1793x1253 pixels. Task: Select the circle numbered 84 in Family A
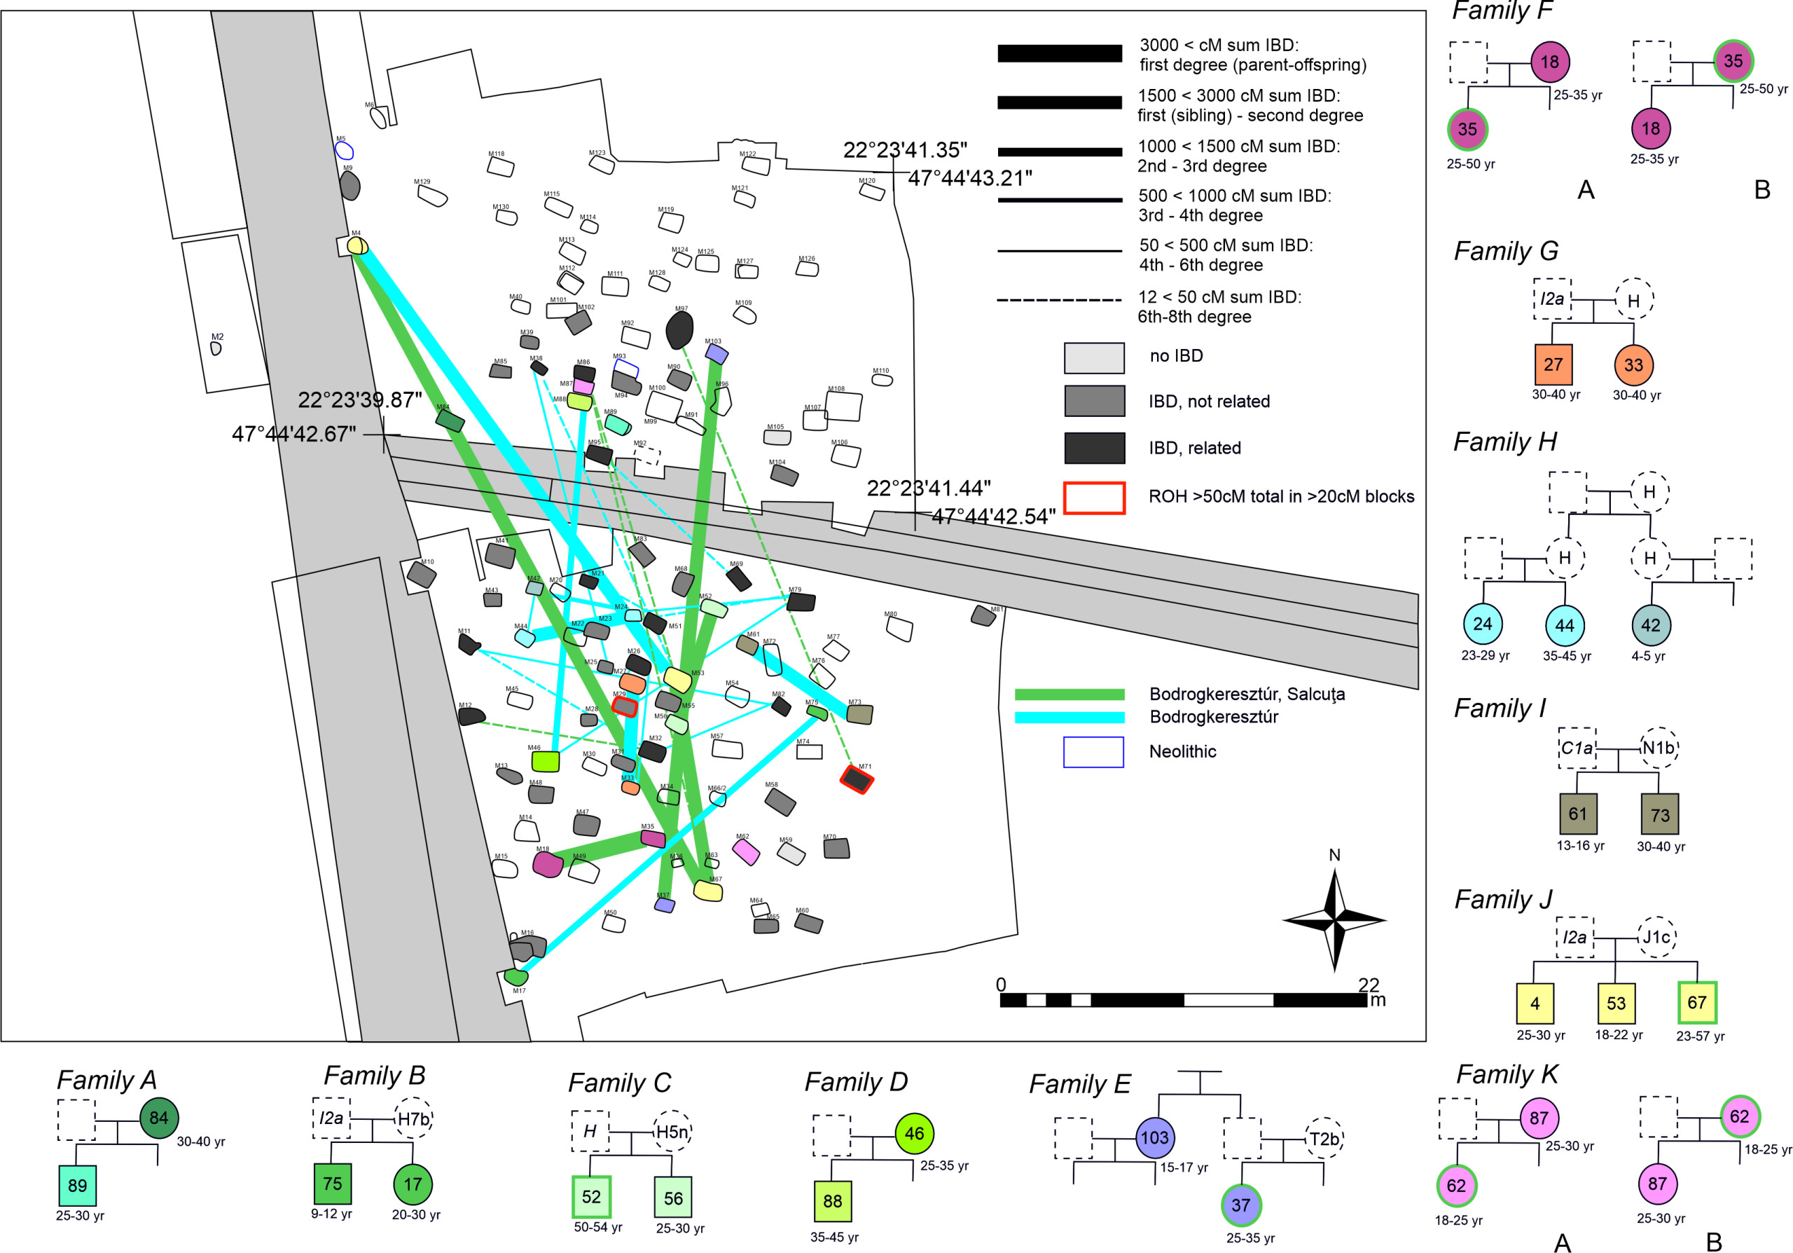(x=159, y=1118)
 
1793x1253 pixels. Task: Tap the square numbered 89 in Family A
(x=77, y=1185)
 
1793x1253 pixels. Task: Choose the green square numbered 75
(x=333, y=1184)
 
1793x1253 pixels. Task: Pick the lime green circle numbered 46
(x=915, y=1133)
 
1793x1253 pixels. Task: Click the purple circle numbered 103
(x=1155, y=1137)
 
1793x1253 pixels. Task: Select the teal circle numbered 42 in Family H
(x=1651, y=625)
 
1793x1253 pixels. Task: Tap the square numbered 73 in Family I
(x=1660, y=815)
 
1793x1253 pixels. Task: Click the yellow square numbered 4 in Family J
(x=1535, y=1003)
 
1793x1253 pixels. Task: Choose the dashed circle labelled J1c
(x=1656, y=937)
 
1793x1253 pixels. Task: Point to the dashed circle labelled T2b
(x=1324, y=1139)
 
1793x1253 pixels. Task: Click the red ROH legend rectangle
(x=1094, y=498)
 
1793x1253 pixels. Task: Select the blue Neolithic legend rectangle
(x=1093, y=751)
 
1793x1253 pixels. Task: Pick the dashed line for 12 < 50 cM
(x=1059, y=299)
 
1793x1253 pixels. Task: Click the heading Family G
(x=1506, y=251)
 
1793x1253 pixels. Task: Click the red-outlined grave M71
(x=857, y=779)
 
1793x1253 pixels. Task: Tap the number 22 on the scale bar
(x=1368, y=985)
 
